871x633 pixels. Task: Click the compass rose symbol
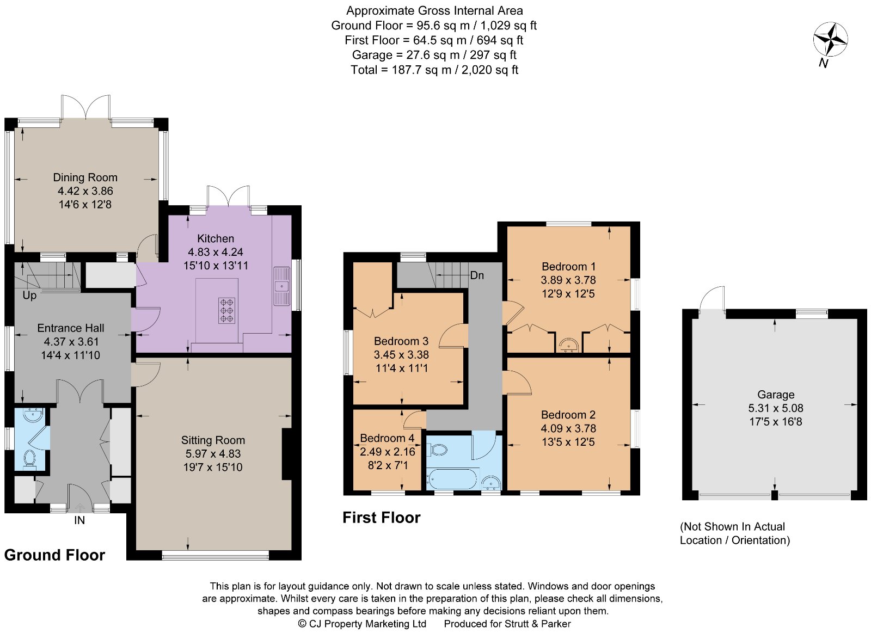point(830,39)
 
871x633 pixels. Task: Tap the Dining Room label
point(85,177)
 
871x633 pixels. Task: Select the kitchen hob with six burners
point(227,310)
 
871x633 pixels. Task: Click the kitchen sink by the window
point(281,286)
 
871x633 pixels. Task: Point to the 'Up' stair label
point(29,295)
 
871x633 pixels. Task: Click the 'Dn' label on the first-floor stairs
point(477,275)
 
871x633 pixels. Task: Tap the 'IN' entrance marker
point(79,520)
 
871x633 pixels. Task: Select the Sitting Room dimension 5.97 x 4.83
point(213,453)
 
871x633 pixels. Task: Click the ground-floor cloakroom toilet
point(30,458)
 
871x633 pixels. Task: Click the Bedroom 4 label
point(387,438)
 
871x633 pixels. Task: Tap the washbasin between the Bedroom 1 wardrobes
point(569,345)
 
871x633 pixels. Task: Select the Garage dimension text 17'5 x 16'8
point(775,421)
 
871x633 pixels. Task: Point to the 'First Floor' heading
point(381,518)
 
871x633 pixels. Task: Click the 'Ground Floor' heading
point(54,555)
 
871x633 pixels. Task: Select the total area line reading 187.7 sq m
point(434,70)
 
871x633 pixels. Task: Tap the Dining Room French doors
point(86,106)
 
